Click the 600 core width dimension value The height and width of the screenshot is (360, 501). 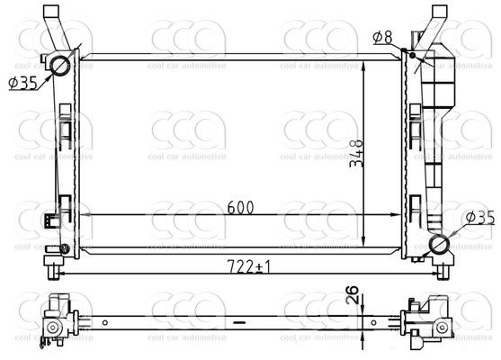click(240, 207)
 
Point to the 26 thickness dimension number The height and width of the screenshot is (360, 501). click(353, 295)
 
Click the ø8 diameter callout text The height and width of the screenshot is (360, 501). click(382, 37)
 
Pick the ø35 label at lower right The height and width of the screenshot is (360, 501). click(479, 218)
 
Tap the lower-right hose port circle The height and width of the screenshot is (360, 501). click(441, 246)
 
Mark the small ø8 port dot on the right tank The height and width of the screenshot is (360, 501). click(413, 55)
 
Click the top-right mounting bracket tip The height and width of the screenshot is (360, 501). click(439, 13)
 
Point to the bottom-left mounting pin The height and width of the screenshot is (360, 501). click(54, 269)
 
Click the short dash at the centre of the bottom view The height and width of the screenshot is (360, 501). click(239, 320)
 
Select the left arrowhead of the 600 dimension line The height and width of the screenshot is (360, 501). click(87, 215)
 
